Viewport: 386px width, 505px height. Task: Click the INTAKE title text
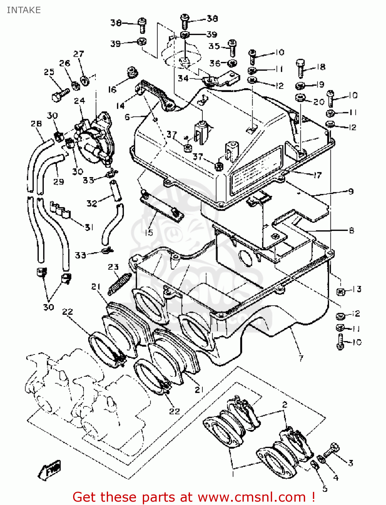[24, 10]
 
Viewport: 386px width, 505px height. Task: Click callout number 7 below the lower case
[301, 358]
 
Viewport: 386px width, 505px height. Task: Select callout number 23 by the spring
[113, 267]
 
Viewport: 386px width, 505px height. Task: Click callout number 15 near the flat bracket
[149, 232]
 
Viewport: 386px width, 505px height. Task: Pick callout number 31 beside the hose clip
[89, 227]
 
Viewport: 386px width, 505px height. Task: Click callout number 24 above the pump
[79, 101]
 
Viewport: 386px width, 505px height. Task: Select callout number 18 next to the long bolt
[321, 67]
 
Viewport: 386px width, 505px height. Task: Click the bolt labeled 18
[301, 68]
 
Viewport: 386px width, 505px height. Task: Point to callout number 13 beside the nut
[357, 289]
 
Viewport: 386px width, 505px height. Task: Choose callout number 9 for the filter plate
[351, 191]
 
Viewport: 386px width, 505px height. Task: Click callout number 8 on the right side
[351, 230]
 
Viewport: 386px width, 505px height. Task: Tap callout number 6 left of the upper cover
[127, 117]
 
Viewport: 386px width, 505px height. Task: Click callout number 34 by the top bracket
[183, 78]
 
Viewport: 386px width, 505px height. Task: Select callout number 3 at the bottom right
[351, 463]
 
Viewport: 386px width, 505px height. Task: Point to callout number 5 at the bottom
[325, 488]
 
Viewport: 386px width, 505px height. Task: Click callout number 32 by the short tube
[92, 203]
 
